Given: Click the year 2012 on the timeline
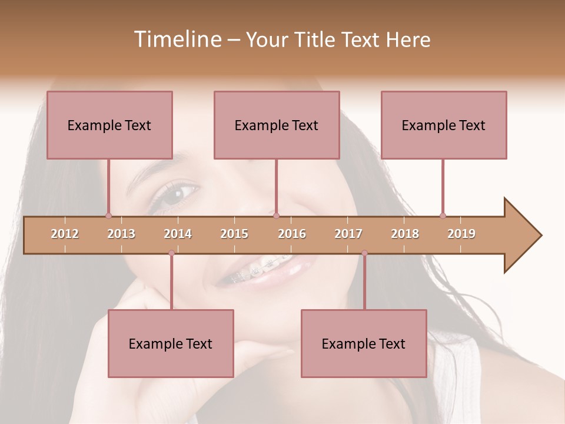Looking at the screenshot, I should point(65,234).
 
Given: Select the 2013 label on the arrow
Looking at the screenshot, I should point(121,234).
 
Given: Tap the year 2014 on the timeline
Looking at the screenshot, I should point(178,234).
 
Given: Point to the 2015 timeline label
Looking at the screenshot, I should point(234,234).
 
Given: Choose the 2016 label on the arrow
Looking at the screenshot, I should point(292,234).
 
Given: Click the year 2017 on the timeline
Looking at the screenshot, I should point(348,234).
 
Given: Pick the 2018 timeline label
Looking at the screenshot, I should point(405,234).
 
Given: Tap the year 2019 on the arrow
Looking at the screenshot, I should point(461,234).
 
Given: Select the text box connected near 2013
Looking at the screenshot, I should point(109,125).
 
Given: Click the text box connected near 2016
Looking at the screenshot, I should point(277,125).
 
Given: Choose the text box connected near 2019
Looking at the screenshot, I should point(444,125).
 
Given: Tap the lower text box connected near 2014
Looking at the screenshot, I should point(171,343).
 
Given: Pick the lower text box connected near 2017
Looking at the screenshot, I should point(364,343).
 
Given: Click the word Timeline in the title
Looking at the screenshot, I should point(177,39).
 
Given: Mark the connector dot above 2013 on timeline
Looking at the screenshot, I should point(108,216).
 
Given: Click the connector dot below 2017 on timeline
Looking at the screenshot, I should point(364,253).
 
